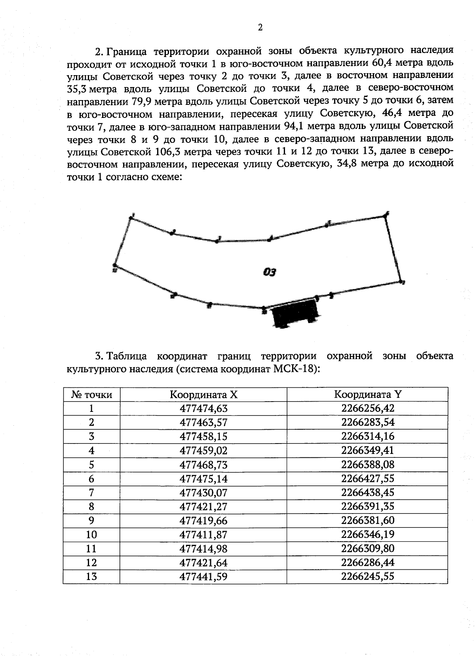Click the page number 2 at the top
point(260,27)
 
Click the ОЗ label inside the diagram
point(269,272)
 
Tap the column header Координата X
point(203,394)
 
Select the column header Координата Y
point(367,394)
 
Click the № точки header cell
point(91,394)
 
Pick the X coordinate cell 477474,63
point(203,408)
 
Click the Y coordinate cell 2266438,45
point(367,493)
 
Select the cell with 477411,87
point(203,535)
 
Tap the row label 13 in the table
point(91,576)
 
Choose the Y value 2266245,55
point(367,576)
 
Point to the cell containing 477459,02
point(203,451)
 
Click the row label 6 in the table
point(91,479)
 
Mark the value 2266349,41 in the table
point(367,451)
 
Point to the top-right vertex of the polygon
point(386,215)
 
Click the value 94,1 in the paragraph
point(294,127)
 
